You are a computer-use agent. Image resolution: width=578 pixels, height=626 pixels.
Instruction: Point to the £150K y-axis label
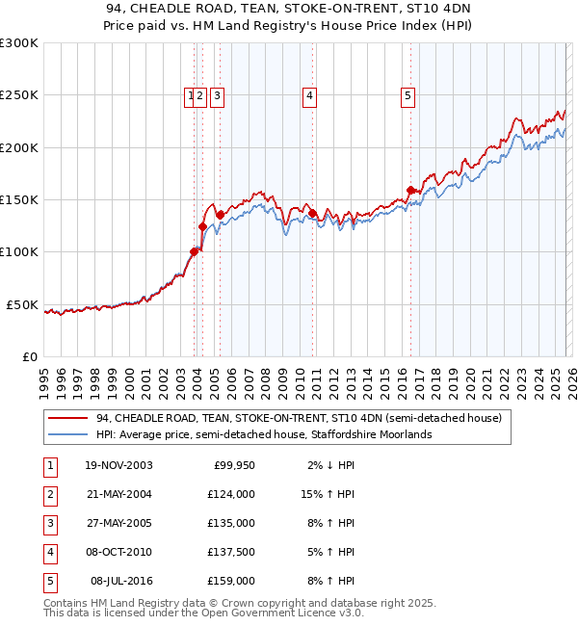pyautogui.click(x=19, y=199)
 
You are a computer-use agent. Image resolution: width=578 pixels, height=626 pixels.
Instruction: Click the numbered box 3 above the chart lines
pyautogui.click(x=218, y=95)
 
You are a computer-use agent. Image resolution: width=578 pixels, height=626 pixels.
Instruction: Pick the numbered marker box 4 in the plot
pyautogui.click(x=309, y=95)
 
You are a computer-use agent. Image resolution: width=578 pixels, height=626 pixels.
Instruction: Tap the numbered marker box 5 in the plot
pyautogui.click(x=408, y=95)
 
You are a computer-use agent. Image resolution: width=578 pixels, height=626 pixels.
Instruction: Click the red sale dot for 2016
pyautogui.click(x=411, y=190)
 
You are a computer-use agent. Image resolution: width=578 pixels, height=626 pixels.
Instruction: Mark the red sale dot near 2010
pyautogui.click(x=312, y=213)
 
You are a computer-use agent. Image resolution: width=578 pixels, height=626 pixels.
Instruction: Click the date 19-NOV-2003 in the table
pyautogui.click(x=118, y=466)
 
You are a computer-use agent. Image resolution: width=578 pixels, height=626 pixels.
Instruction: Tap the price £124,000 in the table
pyautogui.click(x=231, y=495)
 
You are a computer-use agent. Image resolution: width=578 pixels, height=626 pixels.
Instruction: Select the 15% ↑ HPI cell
pyautogui.click(x=328, y=495)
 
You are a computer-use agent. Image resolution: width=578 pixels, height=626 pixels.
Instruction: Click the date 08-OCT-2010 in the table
pyautogui.click(x=118, y=553)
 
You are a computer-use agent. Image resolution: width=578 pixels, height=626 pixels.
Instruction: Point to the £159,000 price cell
pyautogui.click(x=231, y=582)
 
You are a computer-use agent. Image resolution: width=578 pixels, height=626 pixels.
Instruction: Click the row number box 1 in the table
pyautogui.click(x=49, y=466)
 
